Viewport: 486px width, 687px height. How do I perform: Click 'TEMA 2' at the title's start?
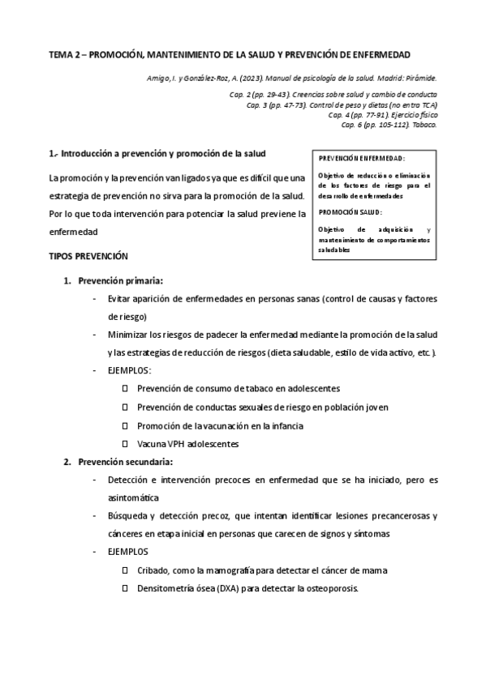click(65, 55)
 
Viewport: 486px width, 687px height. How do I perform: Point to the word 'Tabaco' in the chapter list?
click(424, 125)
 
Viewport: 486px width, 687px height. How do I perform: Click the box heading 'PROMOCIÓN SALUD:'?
click(351, 211)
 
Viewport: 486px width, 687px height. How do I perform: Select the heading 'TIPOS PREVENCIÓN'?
click(88, 256)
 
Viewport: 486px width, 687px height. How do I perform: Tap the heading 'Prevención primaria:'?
click(120, 281)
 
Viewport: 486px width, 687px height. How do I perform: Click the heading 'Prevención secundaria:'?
click(125, 462)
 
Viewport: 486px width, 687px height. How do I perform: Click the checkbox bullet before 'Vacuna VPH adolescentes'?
click(125, 444)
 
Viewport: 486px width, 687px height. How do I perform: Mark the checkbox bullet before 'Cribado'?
click(125, 570)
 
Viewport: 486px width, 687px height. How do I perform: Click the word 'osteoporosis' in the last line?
click(331, 588)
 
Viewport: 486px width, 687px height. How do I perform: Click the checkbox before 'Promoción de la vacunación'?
click(125, 425)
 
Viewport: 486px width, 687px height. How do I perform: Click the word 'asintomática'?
click(133, 497)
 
